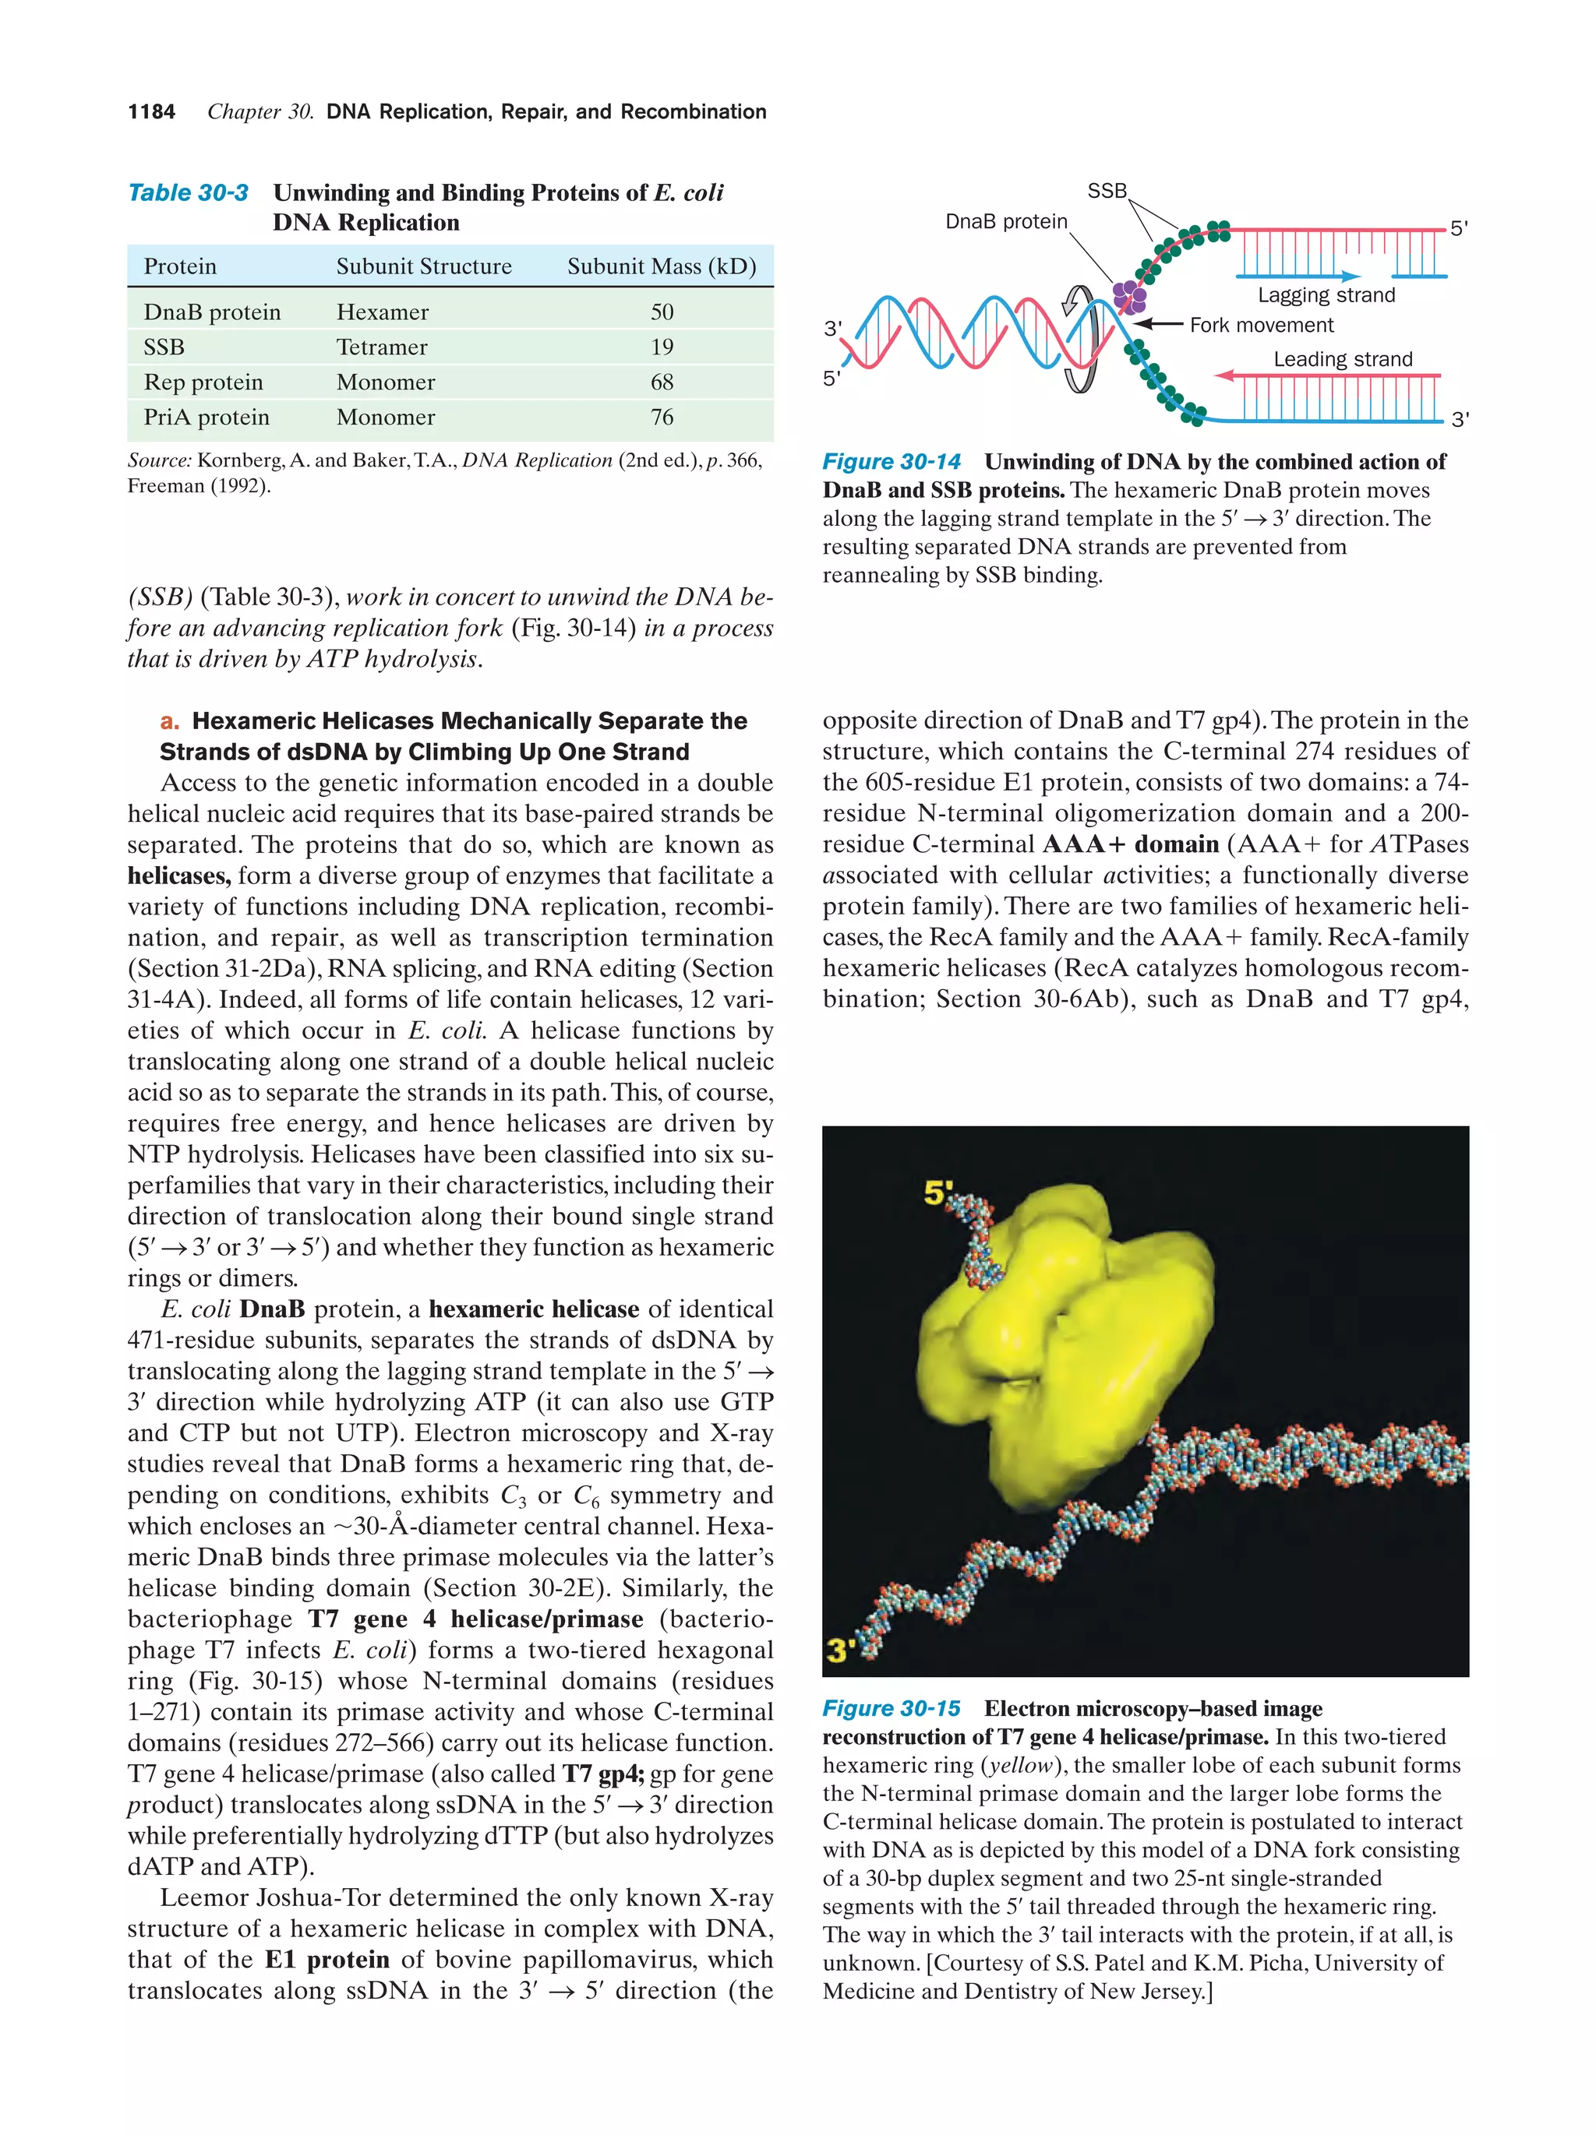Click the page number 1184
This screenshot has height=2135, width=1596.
(152, 112)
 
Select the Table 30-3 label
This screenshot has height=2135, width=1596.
(189, 193)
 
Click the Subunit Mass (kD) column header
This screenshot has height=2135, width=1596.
(662, 266)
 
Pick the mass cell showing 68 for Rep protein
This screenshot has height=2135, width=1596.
(662, 382)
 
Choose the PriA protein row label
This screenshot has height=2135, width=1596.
(207, 417)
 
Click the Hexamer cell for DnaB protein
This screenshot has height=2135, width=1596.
(383, 312)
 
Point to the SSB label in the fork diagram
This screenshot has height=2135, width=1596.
(1107, 191)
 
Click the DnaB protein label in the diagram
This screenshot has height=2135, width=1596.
(1006, 222)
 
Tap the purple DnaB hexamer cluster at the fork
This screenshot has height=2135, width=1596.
(1128, 295)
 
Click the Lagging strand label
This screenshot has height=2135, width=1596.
(1326, 295)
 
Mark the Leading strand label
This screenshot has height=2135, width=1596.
(1342, 359)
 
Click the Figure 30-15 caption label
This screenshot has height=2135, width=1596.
(890, 1708)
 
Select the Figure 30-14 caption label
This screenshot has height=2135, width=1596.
(890, 463)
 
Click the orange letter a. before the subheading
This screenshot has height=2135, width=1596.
(170, 722)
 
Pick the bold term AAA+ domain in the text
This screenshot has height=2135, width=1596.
(1131, 844)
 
